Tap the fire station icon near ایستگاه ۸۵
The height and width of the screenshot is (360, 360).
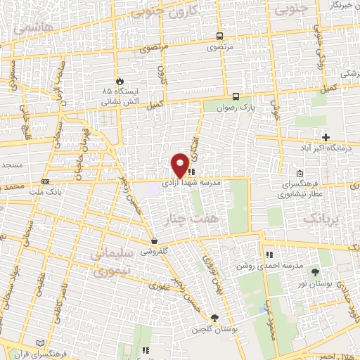click(119, 81)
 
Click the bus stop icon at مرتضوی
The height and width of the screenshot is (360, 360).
click(220, 37)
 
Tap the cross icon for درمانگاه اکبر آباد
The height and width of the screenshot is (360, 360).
click(325, 136)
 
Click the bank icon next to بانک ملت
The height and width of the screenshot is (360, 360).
click(46, 181)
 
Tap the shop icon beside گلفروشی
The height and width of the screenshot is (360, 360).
click(154, 240)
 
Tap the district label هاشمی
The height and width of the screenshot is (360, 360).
click(26, 26)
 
